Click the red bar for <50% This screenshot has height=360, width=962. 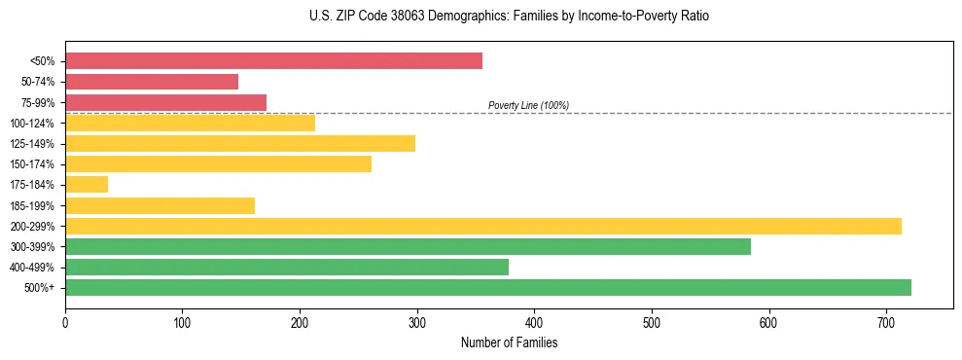[x=273, y=61]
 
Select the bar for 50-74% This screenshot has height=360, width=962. [x=152, y=82]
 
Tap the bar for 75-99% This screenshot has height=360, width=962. [x=165, y=102]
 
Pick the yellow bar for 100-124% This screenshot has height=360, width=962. [x=190, y=123]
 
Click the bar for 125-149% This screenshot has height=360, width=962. [x=240, y=143]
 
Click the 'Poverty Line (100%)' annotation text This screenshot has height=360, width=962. [x=528, y=105]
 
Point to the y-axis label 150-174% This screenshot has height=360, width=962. [x=32, y=164]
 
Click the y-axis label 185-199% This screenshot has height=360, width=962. [x=32, y=205]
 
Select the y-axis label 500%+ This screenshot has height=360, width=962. [x=40, y=288]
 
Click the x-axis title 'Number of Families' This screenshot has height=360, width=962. [x=509, y=342]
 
